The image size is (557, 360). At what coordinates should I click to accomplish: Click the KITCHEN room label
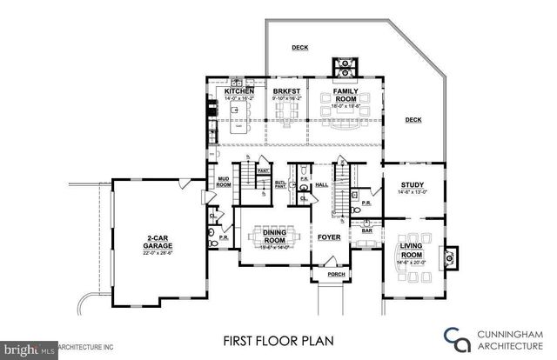(x=239, y=91)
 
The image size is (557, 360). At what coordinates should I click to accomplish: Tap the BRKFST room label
(x=285, y=91)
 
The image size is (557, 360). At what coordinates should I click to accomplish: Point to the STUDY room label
(x=413, y=184)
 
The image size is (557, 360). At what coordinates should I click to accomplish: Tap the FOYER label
(x=328, y=237)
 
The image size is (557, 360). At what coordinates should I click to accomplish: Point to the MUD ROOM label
(x=223, y=183)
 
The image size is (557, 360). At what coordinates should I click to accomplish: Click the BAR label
(x=366, y=231)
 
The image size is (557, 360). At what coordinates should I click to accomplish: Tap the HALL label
(x=320, y=184)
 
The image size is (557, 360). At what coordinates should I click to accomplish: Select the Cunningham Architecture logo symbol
(x=450, y=337)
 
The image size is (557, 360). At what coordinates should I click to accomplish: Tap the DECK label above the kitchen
(x=299, y=48)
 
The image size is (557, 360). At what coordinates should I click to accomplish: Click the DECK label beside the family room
(x=413, y=119)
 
